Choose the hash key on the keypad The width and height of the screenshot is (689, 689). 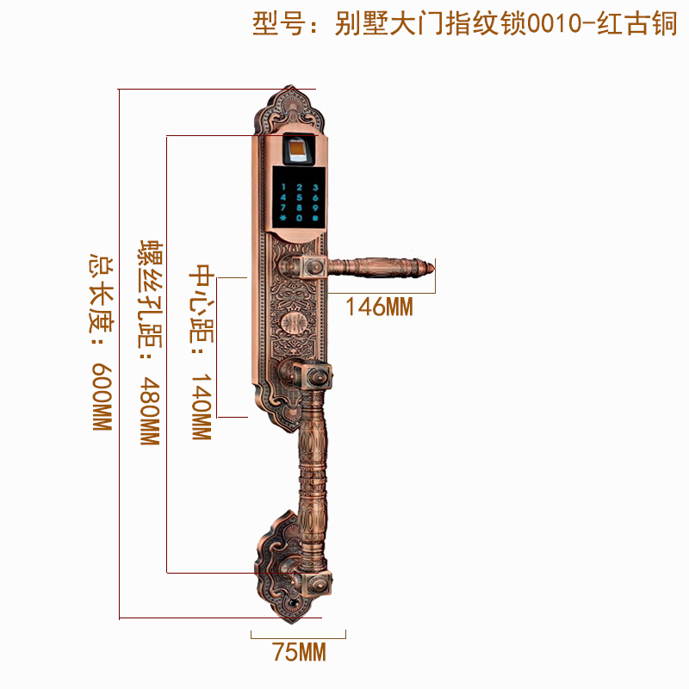(x=315, y=221)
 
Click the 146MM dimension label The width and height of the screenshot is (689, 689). (x=380, y=307)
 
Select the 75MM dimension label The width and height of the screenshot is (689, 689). (x=299, y=653)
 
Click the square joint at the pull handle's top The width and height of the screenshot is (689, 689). (x=313, y=376)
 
